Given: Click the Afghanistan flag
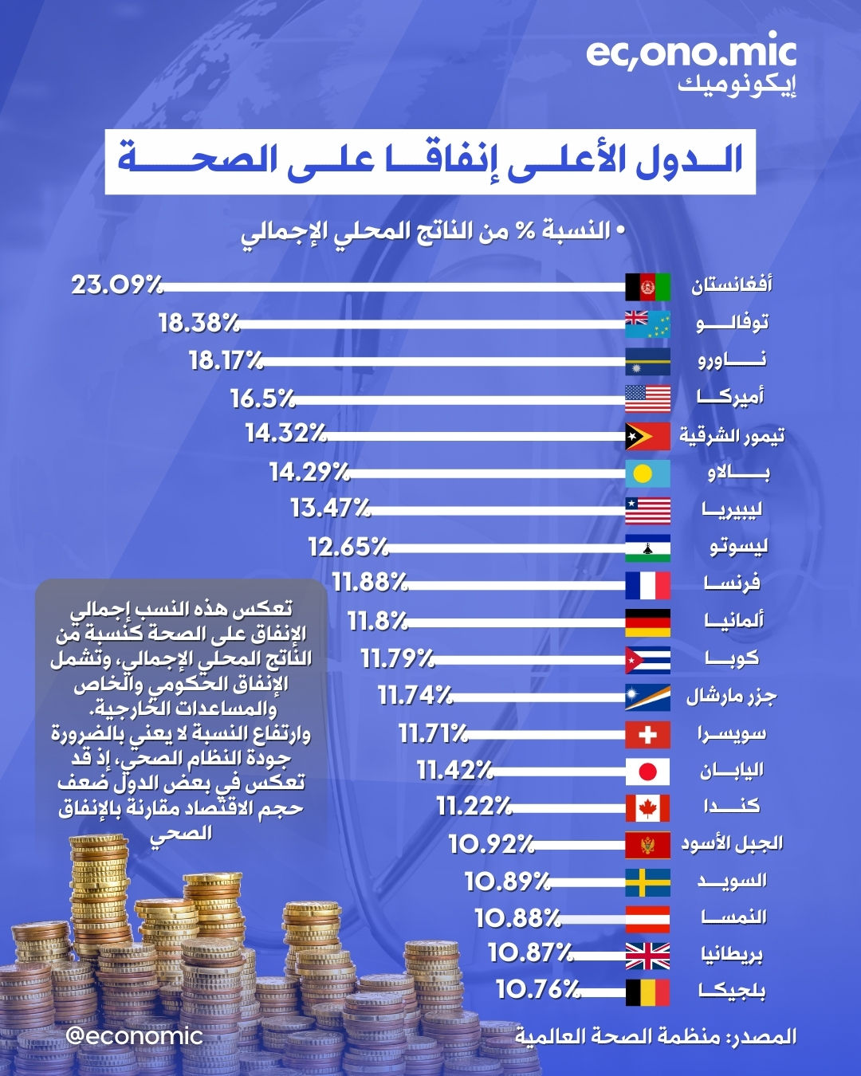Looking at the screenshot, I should (x=647, y=286).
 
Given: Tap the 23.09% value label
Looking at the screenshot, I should (x=116, y=285).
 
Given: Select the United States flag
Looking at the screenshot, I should (x=647, y=398).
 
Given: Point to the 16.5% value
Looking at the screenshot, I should (x=262, y=398).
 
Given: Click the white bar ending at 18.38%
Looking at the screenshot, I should (x=431, y=324).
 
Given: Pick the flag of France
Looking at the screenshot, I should (x=647, y=585).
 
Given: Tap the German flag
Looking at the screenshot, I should (x=647, y=622).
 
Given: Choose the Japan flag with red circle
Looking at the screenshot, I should (x=647, y=772).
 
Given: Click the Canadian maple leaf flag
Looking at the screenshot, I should (x=647, y=808).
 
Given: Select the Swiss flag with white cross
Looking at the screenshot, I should (x=647, y=734).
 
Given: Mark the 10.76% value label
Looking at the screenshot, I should (x=538, y=990).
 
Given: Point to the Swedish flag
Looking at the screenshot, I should (x=647, y=882).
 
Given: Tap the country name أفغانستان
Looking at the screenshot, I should (x=731, y=285).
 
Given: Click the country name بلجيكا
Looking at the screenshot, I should (x=732, y=991).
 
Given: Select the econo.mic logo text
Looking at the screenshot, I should (x=690, y=53).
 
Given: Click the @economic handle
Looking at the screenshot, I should (x=134, y=1035).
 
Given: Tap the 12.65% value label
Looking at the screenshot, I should (x=348, y=547).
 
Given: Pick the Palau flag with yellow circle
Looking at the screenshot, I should (x=647, y=473).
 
